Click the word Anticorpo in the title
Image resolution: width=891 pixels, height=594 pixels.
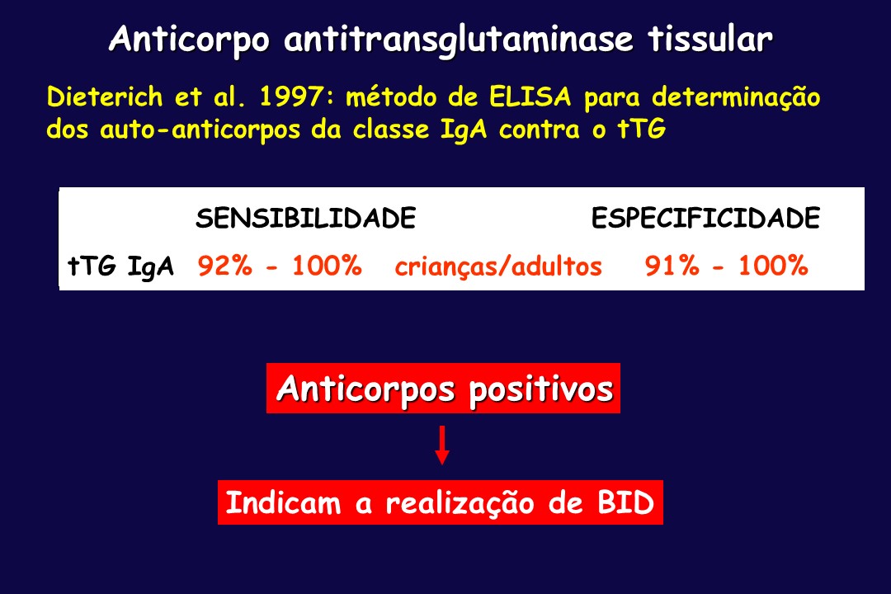coord(189,40)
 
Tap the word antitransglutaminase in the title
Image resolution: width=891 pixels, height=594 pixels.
coord(459,40)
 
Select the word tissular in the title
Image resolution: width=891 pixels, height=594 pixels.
coord(710,39)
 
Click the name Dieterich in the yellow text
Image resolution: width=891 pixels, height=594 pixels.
coord(105,97)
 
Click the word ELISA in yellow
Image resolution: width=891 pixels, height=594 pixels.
coord(530,97)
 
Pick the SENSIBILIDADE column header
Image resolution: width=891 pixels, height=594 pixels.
coord(306,219)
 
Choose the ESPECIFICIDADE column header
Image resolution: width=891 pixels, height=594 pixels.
coord(705,219)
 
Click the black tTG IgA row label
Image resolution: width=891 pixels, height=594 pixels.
coord(120,266)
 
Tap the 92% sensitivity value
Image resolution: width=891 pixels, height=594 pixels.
coord(225,266)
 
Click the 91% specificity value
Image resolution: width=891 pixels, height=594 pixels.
coord(672,266)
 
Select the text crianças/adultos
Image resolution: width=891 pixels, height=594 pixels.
coord(498,266)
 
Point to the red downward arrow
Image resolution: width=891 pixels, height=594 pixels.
coord(442,445)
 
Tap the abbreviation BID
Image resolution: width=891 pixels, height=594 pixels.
coord(625,503)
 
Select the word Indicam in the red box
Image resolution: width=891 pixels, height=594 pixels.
coord(283,503)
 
